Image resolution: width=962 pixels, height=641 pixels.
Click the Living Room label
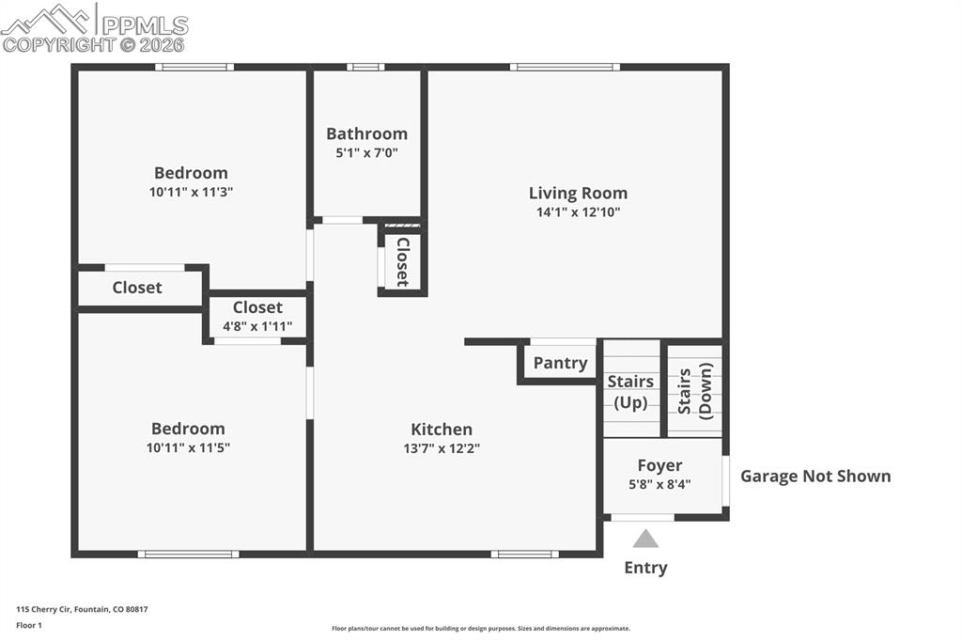tap(578, 193)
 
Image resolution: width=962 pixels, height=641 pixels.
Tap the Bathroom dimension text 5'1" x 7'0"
tap(366, 152)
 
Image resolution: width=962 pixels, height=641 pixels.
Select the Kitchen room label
tap(442, 430)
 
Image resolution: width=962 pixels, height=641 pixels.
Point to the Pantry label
tap(560, 363)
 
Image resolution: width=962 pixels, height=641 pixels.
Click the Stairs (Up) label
tap(630, 392)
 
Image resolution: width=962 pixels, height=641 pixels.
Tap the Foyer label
tap(659, 465)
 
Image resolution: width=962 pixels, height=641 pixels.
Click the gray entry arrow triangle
tap(645, 539)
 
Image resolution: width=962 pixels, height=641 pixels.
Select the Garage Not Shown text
tap(815, 476)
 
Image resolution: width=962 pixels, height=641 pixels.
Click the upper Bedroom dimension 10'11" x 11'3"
tap(191, 192)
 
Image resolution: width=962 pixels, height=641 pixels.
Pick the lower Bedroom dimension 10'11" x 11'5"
tap(188, 448)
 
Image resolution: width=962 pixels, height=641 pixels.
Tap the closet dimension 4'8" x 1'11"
tap(257, 326)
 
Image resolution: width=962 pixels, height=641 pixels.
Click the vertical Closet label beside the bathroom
tap(402, 261)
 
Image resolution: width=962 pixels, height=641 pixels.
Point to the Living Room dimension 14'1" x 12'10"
tap(578, 212)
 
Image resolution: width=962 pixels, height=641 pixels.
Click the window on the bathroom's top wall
tap(365, 67)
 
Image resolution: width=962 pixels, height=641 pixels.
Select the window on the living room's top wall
tap(565, 67)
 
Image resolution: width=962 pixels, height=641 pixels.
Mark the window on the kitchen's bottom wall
tap(524, 554)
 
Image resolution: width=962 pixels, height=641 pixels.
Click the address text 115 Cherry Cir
tap(82, 609)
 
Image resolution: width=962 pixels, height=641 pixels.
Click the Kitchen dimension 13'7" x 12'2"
tap(442, 448)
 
